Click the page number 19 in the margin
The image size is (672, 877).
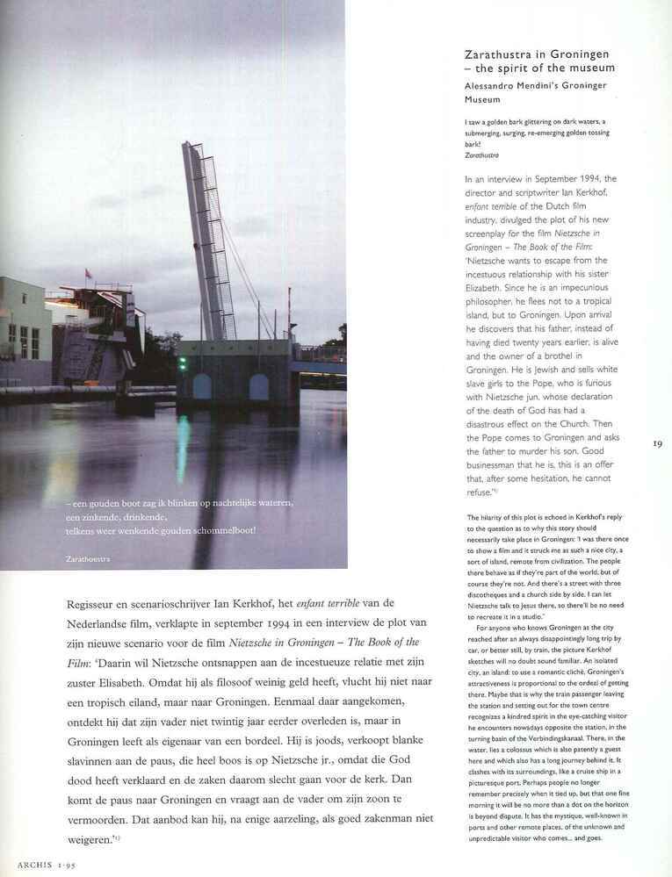coord(657,444)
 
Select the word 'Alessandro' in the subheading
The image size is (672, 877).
coord(495,85)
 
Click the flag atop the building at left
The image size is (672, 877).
coord(87,274)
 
